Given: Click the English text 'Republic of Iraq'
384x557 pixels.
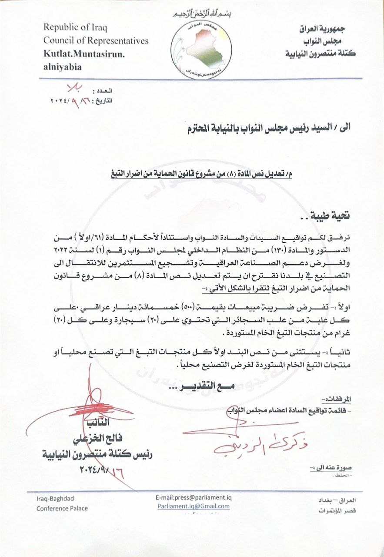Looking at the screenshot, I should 75,27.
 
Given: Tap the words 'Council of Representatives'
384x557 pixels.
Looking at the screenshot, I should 96,40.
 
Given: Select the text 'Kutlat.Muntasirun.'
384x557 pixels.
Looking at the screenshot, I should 84,54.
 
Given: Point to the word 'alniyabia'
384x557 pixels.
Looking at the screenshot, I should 62,67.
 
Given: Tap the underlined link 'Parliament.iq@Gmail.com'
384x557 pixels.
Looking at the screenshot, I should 194,506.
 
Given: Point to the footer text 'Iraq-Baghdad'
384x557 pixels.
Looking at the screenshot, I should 52,500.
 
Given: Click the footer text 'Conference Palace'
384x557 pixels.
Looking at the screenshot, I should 62,508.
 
